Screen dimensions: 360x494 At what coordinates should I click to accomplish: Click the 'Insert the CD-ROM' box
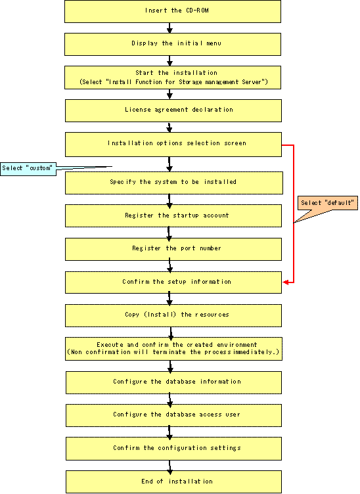173,11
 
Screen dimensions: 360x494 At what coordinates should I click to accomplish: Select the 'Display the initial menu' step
173,45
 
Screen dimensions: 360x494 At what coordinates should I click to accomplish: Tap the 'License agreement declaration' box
173,110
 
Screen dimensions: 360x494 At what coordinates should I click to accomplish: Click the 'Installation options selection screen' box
173,145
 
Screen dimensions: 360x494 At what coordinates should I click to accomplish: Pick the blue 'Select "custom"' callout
28,169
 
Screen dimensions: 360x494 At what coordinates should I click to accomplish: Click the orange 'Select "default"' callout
328,203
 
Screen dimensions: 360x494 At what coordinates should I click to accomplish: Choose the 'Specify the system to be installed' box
174,183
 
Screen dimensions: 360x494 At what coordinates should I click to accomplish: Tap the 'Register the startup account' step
173,216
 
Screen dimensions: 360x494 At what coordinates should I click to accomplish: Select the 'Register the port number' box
173,249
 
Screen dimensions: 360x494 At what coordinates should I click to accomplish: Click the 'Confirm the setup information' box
173,282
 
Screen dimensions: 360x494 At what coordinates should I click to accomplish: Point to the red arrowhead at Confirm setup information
285,282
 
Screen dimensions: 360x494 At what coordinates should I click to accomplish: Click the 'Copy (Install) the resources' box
173,315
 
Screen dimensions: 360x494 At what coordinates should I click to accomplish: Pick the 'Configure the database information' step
173,382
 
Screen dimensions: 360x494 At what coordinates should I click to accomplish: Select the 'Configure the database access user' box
173,416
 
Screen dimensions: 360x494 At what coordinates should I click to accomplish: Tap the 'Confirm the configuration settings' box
173,449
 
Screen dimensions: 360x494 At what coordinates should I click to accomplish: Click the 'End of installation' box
173,482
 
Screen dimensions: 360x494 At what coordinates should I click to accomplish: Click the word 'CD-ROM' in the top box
197,11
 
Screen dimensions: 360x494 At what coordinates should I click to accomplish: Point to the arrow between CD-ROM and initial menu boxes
169,28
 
